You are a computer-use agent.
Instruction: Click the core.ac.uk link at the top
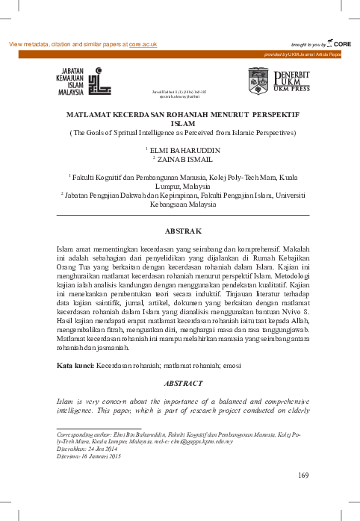click(x=143, y=45)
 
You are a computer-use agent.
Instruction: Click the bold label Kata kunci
click(x=75, y=366)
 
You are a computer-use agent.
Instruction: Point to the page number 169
click(x=302, y=475)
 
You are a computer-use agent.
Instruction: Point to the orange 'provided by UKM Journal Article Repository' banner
click(x=308, y=55)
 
